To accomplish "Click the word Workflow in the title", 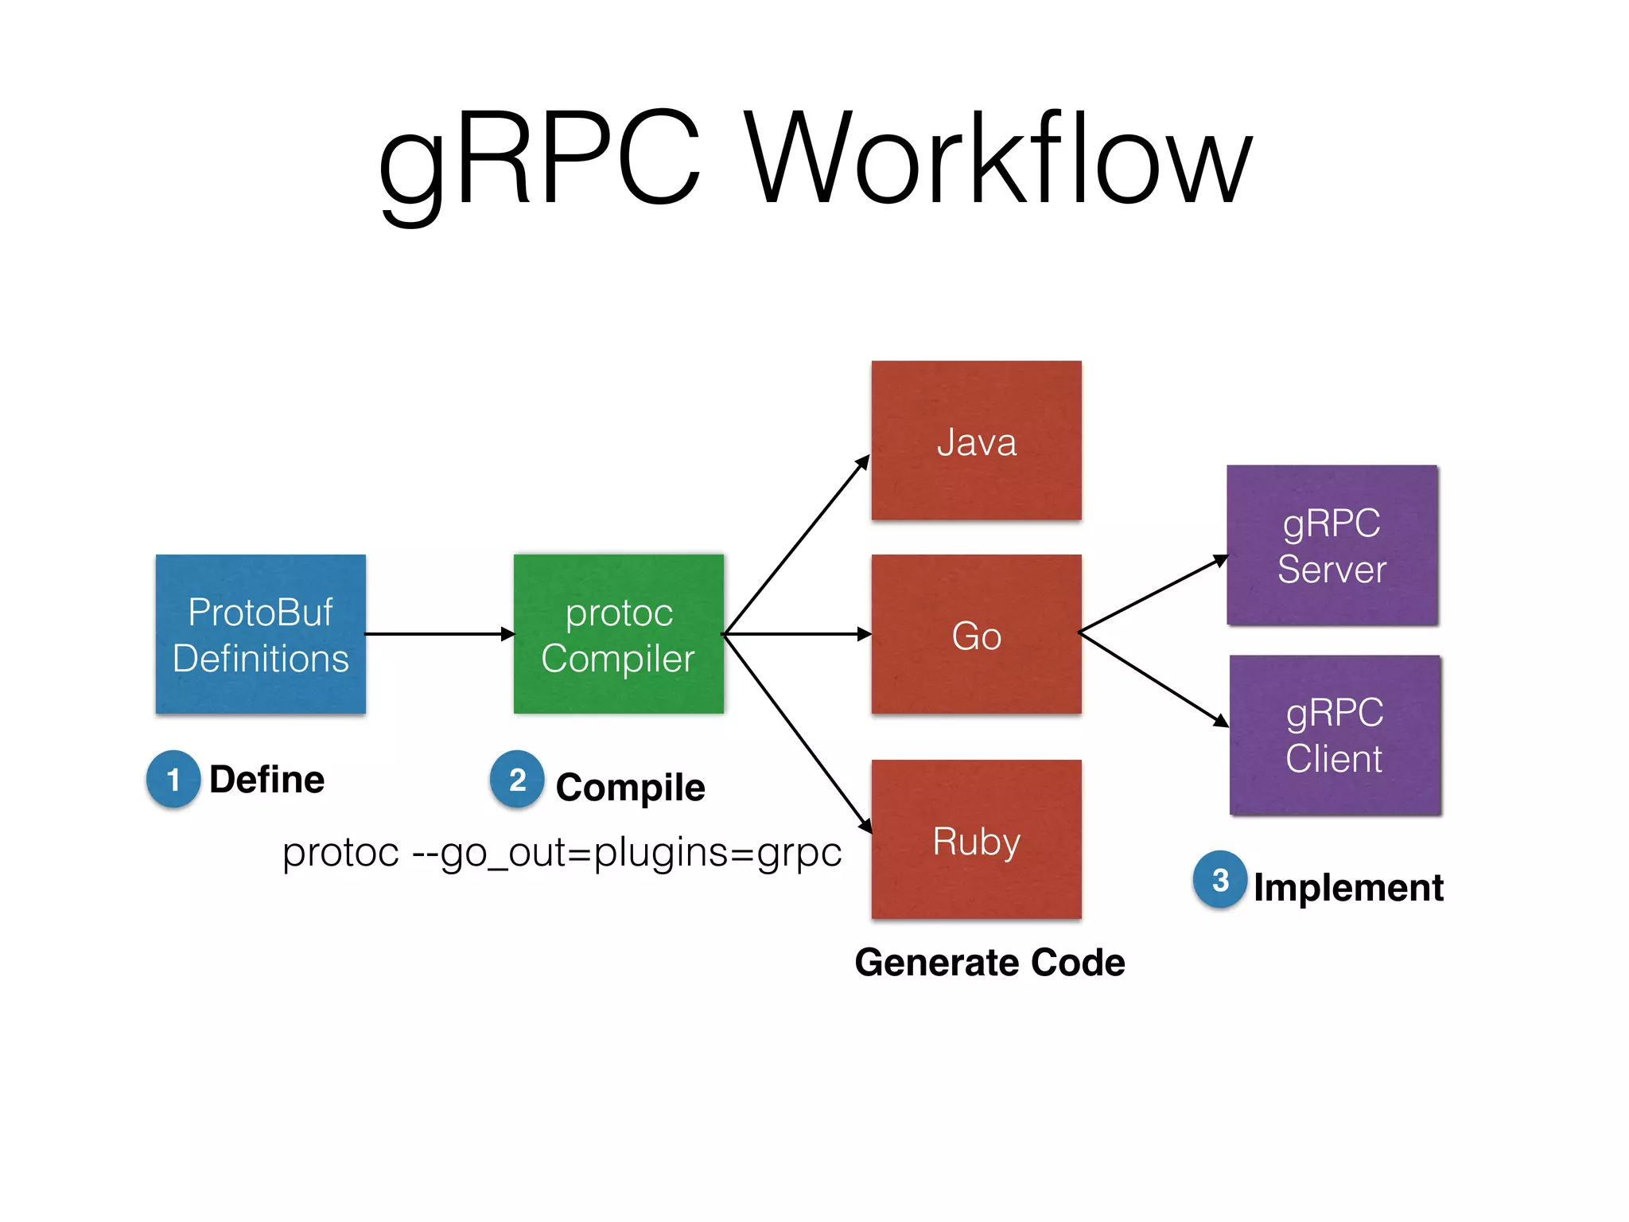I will pos(998,159).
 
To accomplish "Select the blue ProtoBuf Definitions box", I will pos(261,634).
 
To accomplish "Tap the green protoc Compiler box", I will pos(619,634).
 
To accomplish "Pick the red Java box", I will pos(976,441).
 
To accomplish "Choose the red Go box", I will pos(976,634).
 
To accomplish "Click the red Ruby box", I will pos(976,839).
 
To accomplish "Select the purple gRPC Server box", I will pos(1332,546).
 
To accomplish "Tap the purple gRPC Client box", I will pos(1335,735).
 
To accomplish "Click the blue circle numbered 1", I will pos(173,779).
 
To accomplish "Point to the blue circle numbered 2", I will pos(517,779).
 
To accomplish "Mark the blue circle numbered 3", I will pos(1220,879).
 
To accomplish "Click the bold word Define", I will pos(266,780).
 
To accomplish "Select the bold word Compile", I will pos(630,788).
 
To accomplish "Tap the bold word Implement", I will pos(1348,887).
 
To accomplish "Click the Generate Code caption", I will pos(989,963).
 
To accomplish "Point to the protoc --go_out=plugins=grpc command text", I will pos(562,853).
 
